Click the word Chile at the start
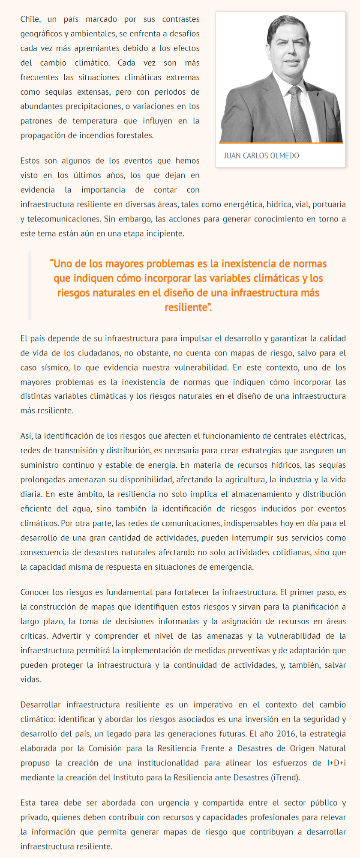click(30, 19)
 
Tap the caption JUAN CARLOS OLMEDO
click(261, 155)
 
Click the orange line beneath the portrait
click(281, 143)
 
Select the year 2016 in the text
click(286, 734)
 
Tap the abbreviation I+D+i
click(336, 763)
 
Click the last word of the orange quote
click(188, 308)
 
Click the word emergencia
click(235, 567)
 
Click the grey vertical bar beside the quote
click(30, 285)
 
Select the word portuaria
click(329, 204)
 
